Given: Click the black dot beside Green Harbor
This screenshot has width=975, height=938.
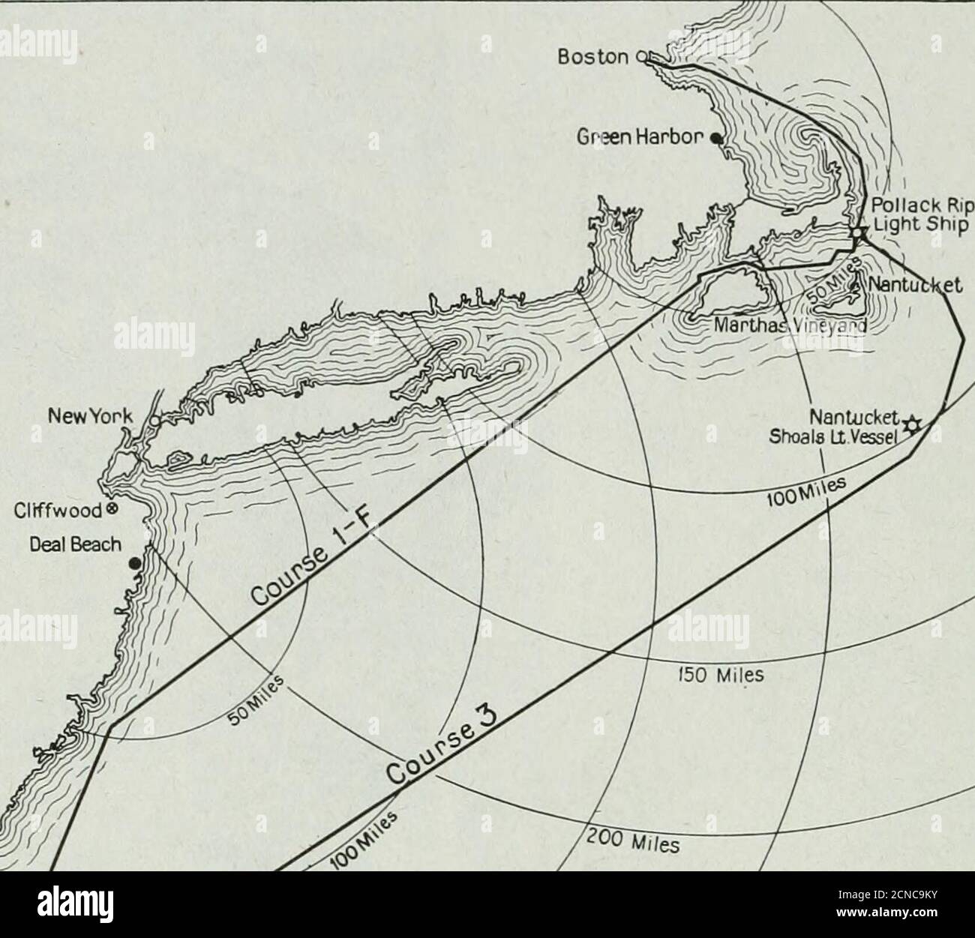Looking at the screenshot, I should pos(716,138).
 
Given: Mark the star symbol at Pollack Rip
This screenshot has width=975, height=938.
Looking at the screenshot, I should pos(858,235).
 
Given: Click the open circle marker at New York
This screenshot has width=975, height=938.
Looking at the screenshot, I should pos(154,421).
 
